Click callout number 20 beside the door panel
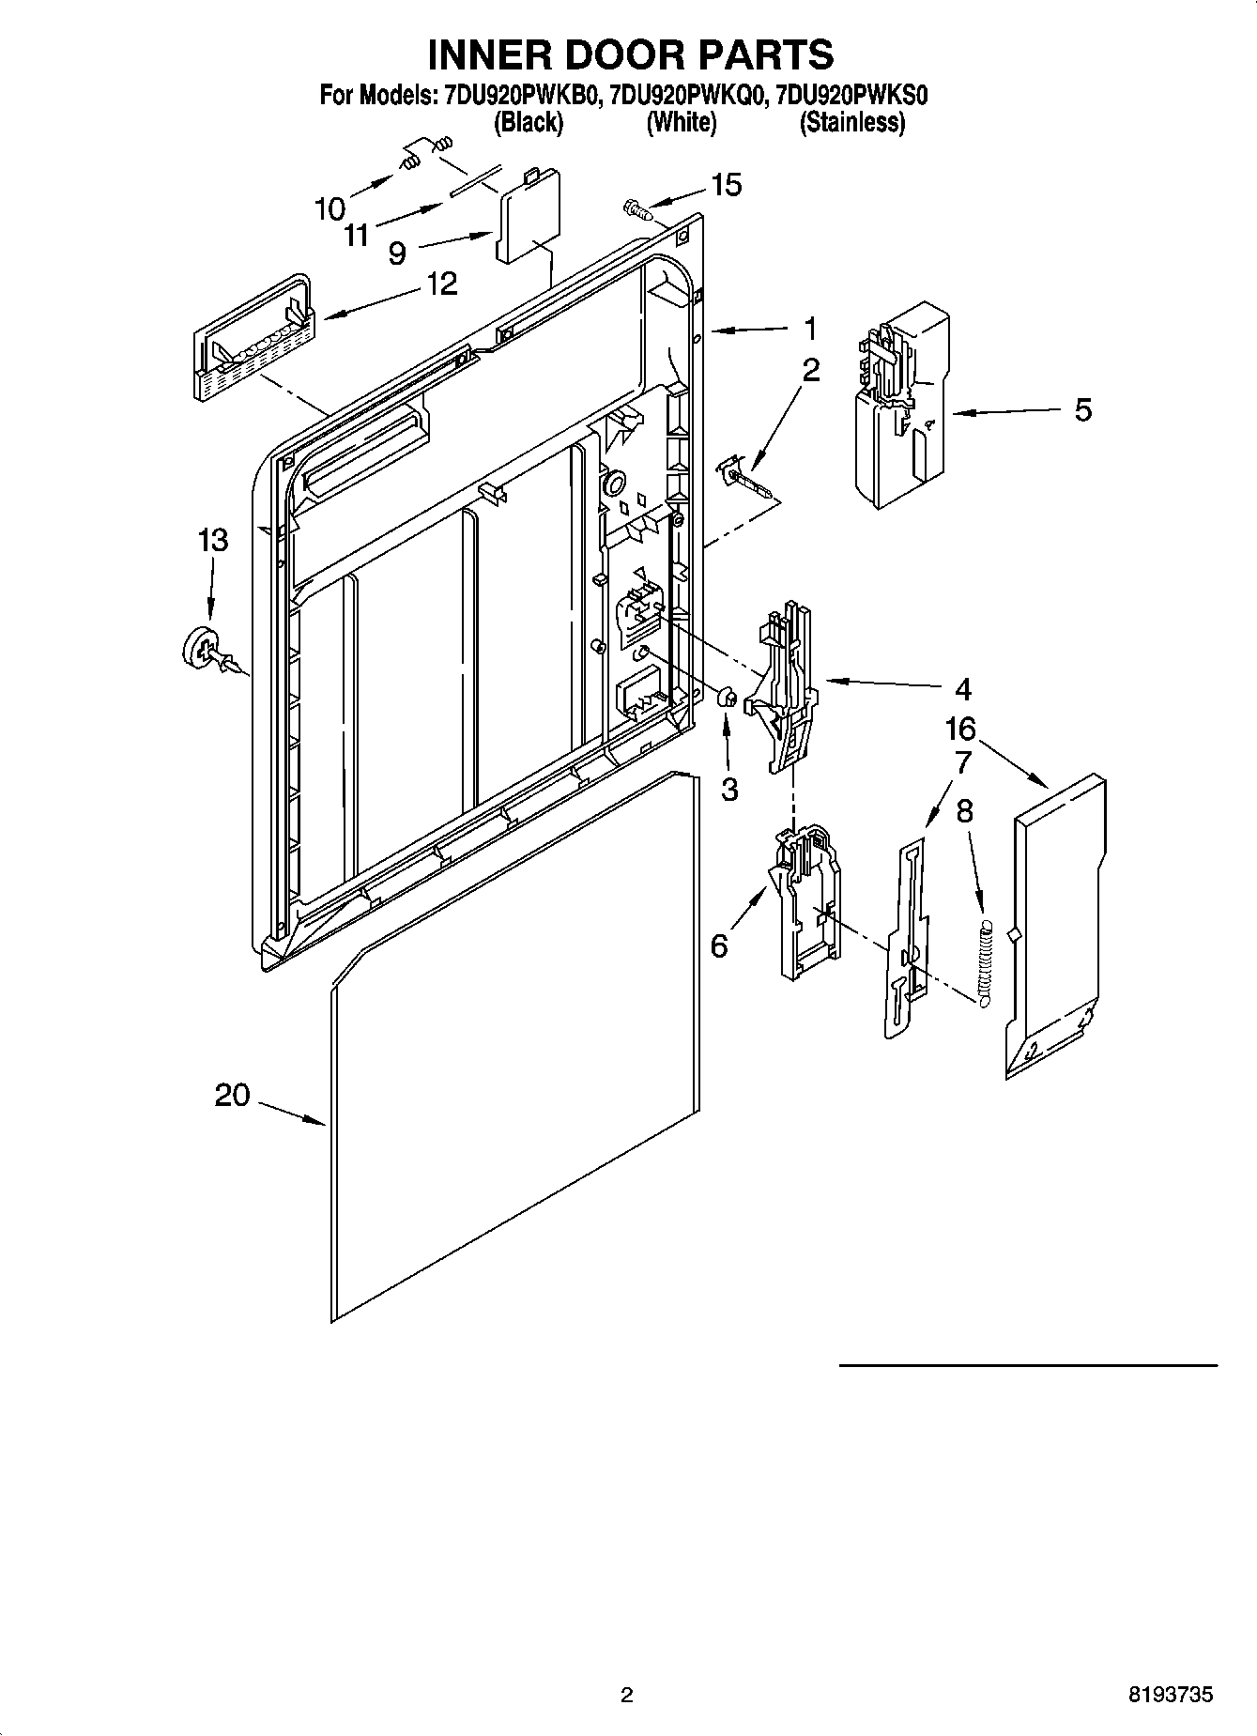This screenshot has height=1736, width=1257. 232,1095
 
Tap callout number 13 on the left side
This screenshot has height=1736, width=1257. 213,540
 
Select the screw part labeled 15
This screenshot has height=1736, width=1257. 637,207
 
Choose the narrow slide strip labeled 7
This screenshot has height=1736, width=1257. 905,939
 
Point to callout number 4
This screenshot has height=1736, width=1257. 962,689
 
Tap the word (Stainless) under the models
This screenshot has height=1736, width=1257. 851,122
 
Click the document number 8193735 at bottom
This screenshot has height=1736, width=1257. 1170,1695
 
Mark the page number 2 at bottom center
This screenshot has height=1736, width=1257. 627,1695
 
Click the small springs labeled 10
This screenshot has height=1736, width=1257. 422,155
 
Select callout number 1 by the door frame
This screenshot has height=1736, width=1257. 809,329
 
